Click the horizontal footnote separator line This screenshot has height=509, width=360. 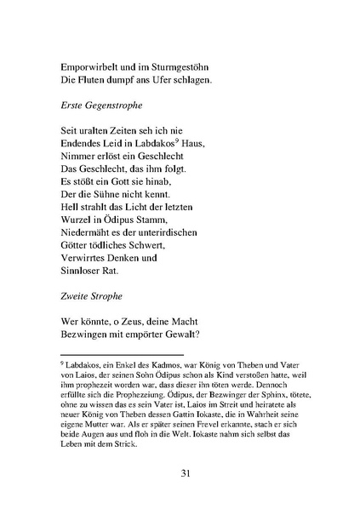pos(110,354)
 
